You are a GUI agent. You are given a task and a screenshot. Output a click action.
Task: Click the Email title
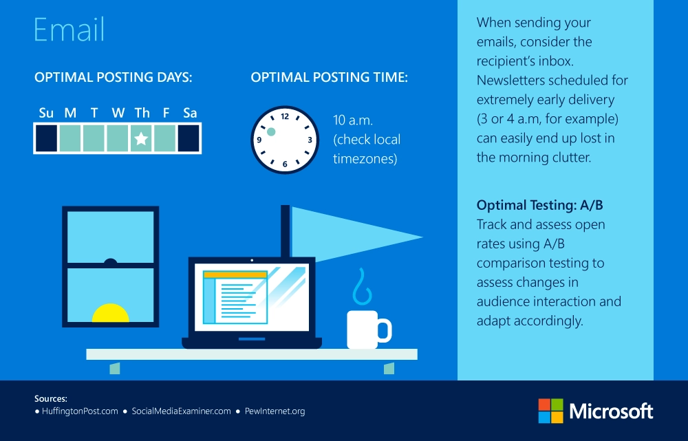pyautogui.click(x=69, y=30)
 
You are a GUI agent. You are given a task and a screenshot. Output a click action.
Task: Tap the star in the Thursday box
pyautogui.click(x=141, y=139)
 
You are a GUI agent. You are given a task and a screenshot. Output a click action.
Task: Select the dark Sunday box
pyautogui.click(x=47, y=138)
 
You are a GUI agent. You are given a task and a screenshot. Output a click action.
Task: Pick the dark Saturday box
pyautogui.click(x=189, y=138)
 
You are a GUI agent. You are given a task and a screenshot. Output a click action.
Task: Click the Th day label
pyautogui.click(x=142, y=113)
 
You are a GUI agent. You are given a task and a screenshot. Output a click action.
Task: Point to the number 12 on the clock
pyautogui.click(x=285, y=116)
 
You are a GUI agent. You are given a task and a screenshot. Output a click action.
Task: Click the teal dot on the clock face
pyautogui.click(x=271, y=131)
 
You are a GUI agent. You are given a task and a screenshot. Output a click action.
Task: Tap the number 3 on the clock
pyautogui.click(x=310, y=140)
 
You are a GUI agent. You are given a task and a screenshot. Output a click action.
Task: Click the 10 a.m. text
pyautogui.click(x=353, y=120)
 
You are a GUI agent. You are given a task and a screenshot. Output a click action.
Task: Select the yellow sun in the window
pyautogui.click(x=111, y=313)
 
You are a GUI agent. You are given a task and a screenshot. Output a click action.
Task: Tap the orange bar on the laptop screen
pyautogui.click(x=235, y=275)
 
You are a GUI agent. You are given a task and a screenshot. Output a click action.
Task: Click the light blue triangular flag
pyautogui.click(x=347, y=235)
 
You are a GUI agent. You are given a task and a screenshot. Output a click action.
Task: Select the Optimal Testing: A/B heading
pyautogui.click(x=539, y=205)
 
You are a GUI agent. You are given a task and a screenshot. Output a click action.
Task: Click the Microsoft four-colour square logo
pyautogui.click(x=550, y=411)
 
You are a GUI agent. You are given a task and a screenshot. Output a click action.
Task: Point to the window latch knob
pyautogui.click(x=110, y=261)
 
